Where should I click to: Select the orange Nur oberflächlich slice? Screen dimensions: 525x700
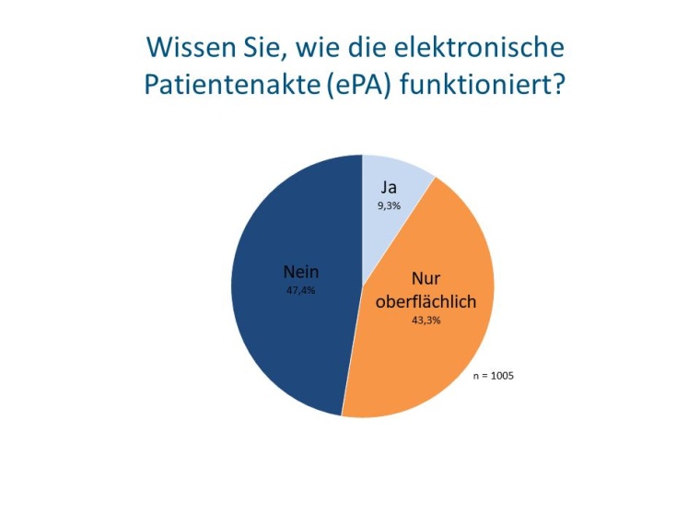click(433, 359)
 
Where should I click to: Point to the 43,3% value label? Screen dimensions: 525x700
click(426, 321)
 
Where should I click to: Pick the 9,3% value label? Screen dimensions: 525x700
click(389, 205)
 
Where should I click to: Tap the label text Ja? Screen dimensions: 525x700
click(389, 187)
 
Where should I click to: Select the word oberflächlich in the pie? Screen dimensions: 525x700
click(426, 300)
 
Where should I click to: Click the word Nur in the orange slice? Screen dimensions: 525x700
click(426, 280)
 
